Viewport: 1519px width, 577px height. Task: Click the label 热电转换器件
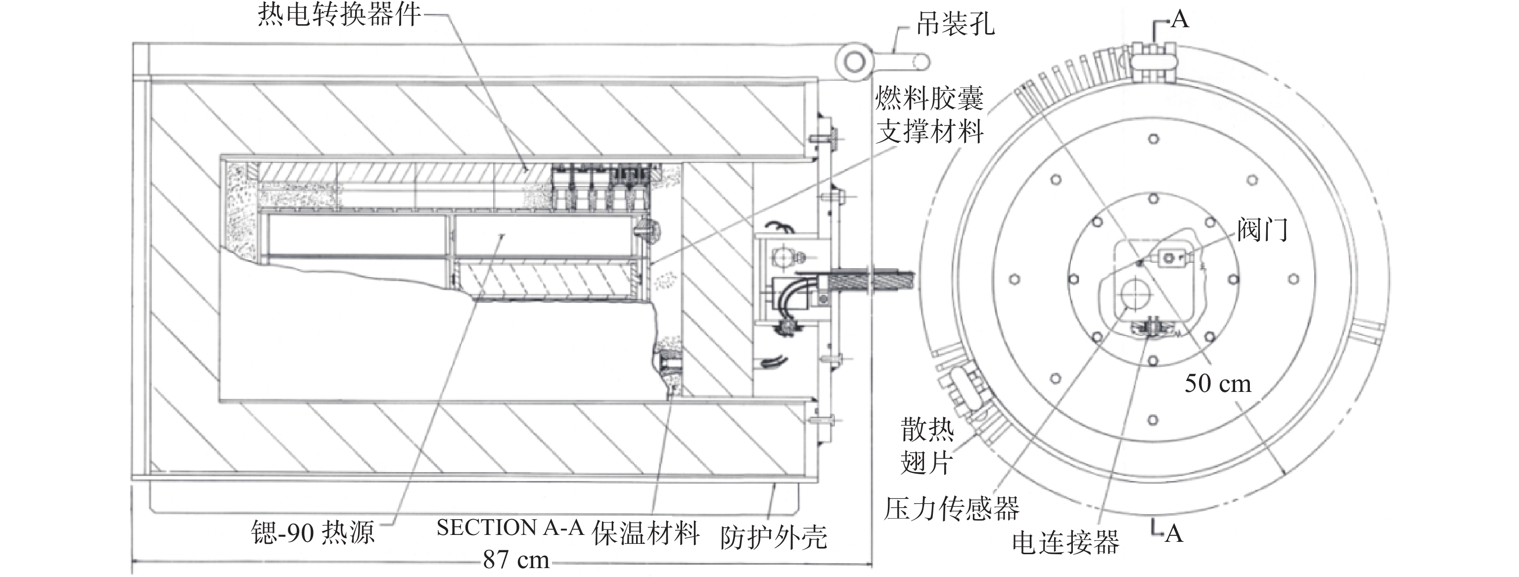339,14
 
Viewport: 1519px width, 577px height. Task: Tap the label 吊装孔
955,25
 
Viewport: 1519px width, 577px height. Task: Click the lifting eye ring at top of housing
853,61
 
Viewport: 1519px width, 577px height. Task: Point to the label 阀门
1262,230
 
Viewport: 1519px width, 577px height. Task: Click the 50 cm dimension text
1218,384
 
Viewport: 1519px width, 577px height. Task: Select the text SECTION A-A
510,528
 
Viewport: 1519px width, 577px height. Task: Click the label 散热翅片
927,446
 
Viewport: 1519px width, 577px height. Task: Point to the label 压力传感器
951,509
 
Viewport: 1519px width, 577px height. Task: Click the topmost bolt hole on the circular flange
1153,139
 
